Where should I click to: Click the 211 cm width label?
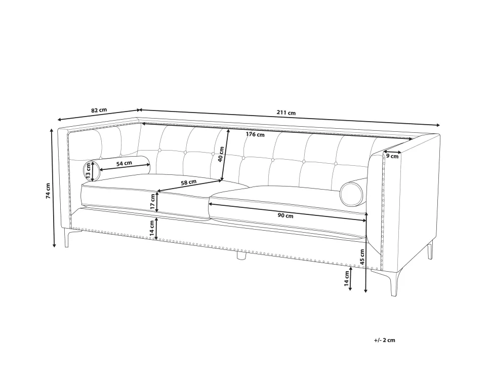[286, 113]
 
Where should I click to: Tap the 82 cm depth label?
[99, 110]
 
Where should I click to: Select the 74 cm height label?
[48, 191]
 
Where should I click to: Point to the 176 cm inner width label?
[255, 134]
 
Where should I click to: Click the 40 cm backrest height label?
[221, 154]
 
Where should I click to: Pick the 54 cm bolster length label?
[124, 163]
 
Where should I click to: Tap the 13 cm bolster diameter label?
[88, 171]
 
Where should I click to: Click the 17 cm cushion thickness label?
[152, 202]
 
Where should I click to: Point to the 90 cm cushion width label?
[285, 216]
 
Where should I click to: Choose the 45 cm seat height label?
[362, 257]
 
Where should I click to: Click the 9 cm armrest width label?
[392, 156]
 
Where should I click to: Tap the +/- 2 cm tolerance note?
[385, 340]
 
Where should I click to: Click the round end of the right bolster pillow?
[352, 194]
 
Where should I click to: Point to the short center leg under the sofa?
[241, 255]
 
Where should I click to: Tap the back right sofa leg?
[430, 250]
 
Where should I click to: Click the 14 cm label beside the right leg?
[346, 278]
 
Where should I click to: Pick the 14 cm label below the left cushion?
[152, 228]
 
